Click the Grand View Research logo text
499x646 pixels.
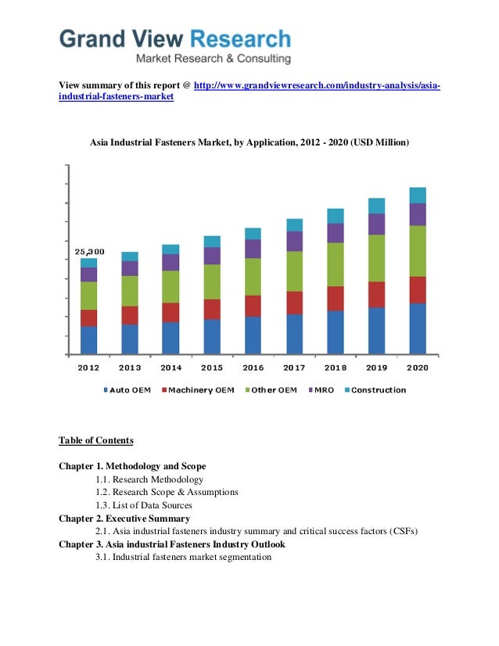(175, 38)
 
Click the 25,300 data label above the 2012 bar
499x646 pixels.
(89, 253)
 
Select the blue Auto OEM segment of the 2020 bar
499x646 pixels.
(418, 328)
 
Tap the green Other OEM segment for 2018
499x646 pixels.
(336, 264)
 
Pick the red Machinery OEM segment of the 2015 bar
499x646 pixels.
(212, 309)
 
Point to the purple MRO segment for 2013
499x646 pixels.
(130, 268)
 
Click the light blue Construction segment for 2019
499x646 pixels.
(377, 206)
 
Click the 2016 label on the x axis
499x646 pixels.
(253, 368)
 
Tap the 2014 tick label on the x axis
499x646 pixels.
(171, 368)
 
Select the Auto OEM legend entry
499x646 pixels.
(127, 389)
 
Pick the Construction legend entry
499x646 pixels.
(375, 389)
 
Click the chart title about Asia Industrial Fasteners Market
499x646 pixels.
(249, 143)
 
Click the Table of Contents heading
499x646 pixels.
(95, 440)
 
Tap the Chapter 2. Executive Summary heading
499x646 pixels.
(124, 518)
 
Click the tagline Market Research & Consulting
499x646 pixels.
(214, 59)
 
